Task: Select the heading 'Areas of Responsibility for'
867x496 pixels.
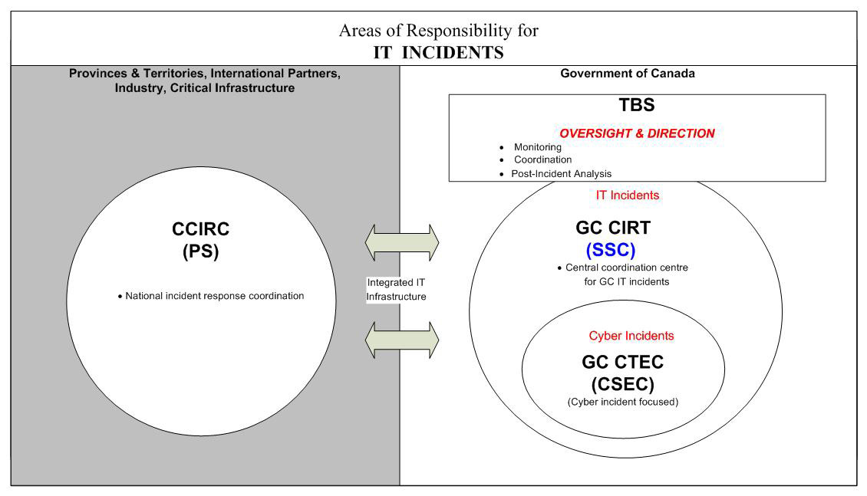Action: tap(439, 31)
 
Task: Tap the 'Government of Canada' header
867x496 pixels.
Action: tap(628, 74)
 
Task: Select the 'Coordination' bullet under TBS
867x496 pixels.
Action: tap(542, 159)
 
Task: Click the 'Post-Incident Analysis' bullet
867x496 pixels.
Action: tap(561, 174)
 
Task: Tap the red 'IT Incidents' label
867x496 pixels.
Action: tap(627, 195)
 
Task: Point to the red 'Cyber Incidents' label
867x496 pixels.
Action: tap(631, 336)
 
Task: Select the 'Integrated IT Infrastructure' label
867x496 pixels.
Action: tap(396, 290)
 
